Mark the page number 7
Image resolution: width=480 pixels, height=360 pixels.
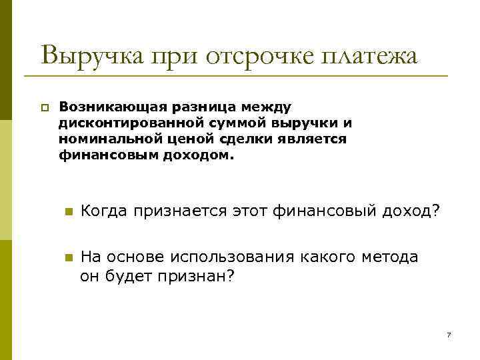pyautogui.click(x=449, y=334)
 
